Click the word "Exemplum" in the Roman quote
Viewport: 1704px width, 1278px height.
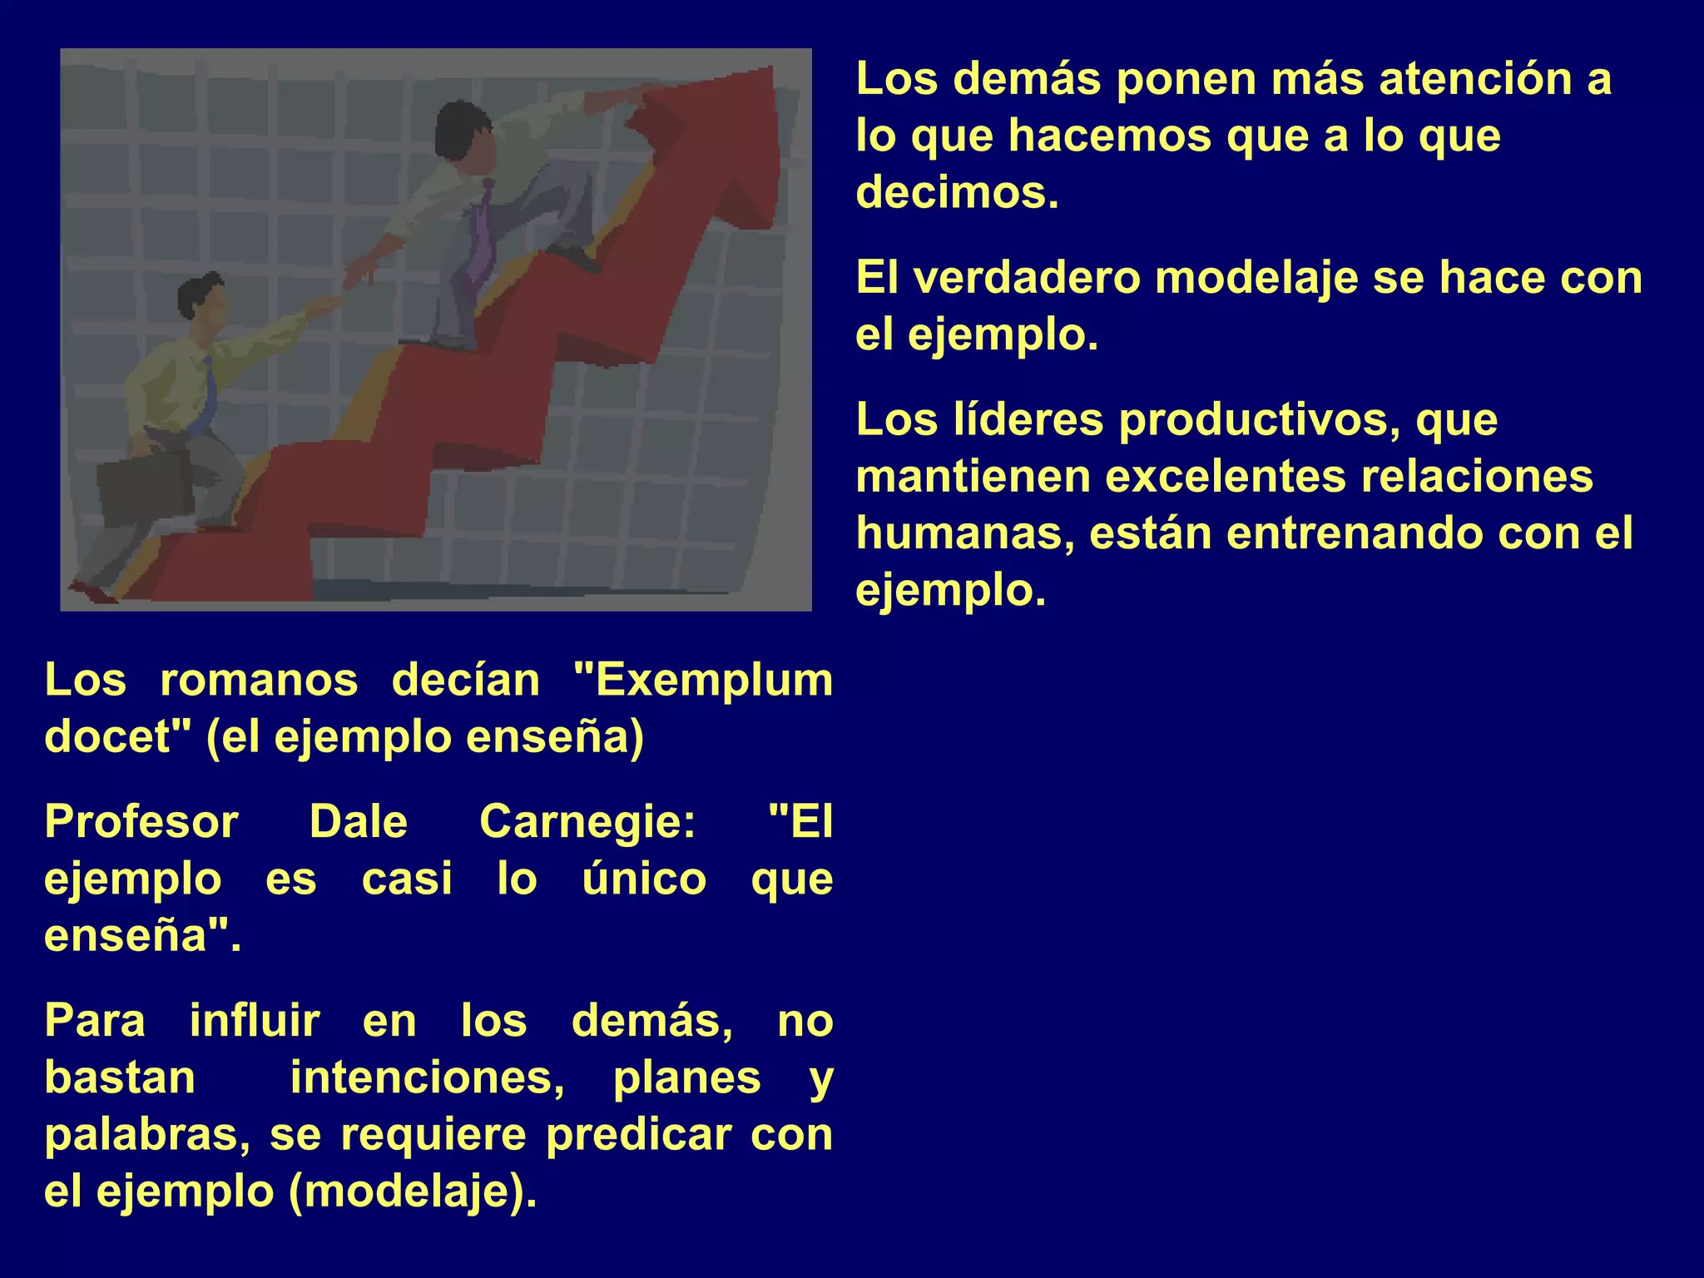[703, 680]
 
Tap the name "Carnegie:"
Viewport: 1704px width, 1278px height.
[587, 822]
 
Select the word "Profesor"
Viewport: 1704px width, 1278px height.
[141, 822]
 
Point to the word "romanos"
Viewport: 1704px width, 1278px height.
[259, 680]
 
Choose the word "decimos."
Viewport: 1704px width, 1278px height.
[958, 192]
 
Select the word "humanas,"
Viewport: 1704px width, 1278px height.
[964, 533]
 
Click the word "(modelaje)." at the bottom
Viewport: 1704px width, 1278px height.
[413, 1191]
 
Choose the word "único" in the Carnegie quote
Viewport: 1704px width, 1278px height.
[644, 879]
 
